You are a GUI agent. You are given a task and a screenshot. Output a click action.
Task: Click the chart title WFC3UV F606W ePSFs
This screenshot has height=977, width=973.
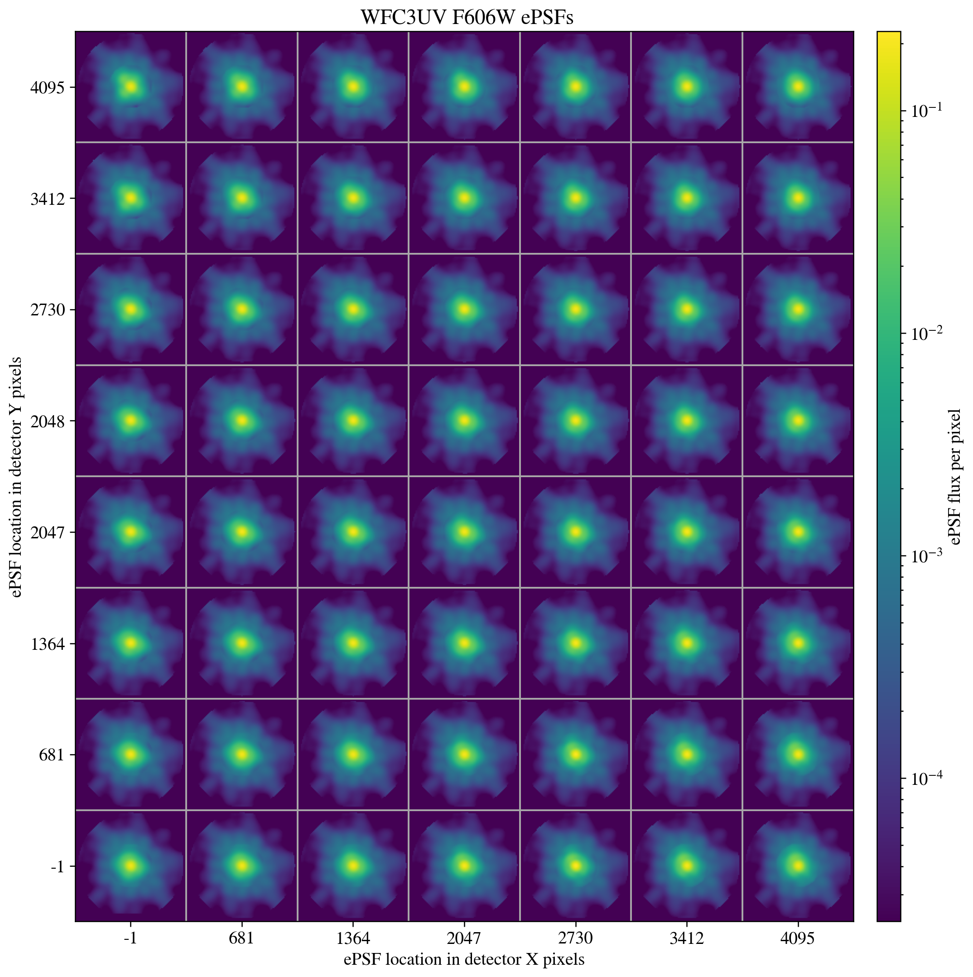[467, 18]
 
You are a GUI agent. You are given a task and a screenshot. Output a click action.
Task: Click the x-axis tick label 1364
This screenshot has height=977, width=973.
[353, 938]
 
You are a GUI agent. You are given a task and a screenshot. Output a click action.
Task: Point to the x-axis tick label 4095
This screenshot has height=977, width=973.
[798, 938]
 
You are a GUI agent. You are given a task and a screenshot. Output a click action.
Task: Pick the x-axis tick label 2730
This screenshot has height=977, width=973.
[575, 938]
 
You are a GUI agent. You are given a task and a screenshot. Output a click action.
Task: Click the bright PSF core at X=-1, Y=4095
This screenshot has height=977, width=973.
[131, 87]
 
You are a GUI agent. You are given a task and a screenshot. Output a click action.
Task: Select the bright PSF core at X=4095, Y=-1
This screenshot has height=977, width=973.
[798, 866]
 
